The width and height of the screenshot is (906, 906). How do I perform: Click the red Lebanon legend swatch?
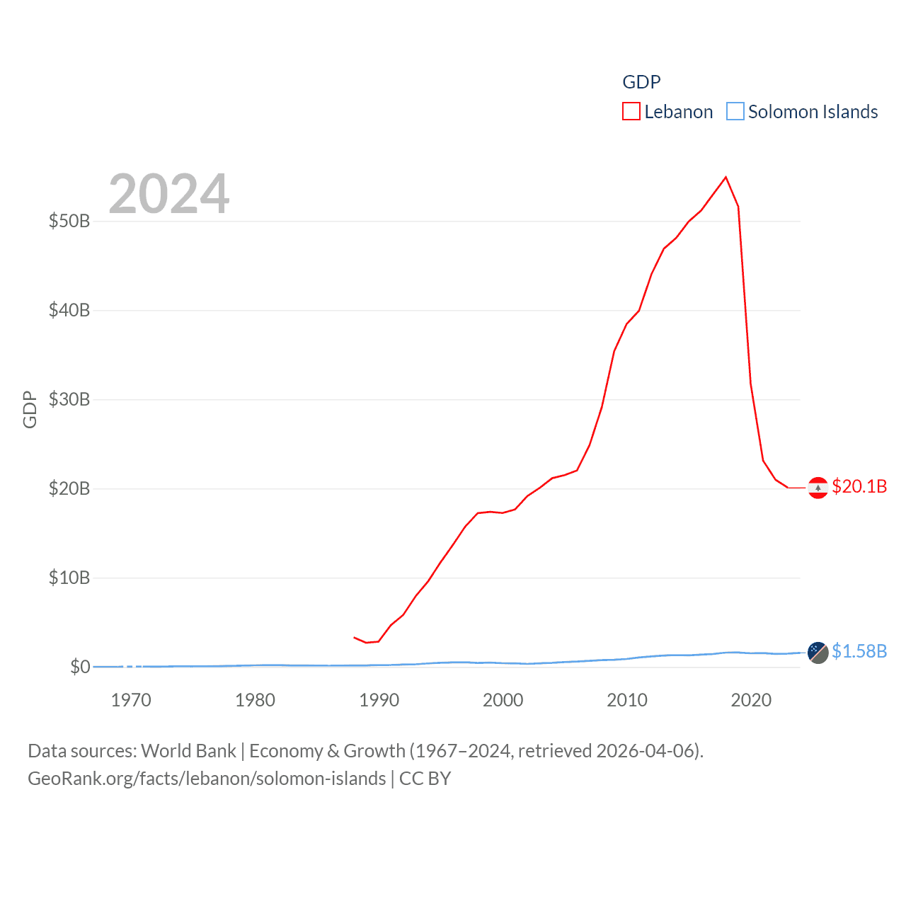coord(631,112)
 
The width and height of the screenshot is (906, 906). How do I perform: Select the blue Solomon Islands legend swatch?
coord(735,112)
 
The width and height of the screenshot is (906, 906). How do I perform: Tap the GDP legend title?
coord(641,82)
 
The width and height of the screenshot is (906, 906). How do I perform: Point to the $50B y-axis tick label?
coord(69,221)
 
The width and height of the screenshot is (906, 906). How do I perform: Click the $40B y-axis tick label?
coord(69,310)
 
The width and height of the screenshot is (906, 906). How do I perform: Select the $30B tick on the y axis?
coord(69,399)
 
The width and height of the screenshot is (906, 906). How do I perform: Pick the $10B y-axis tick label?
coord(69,578)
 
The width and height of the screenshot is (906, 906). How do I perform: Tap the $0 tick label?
coord(80,667)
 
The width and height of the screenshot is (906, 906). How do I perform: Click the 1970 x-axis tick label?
coord(131,700)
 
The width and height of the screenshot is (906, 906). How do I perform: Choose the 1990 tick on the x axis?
coord(379,700)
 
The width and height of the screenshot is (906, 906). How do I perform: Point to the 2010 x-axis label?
coord(627,700)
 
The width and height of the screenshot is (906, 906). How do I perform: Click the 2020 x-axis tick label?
coord(751,700)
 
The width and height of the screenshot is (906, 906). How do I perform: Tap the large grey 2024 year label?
coord(169,194)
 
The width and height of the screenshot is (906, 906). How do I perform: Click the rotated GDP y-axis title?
coord(30,409)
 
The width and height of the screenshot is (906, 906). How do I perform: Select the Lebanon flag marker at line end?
coord(818,488)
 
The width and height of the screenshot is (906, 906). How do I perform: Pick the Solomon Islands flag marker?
coord(818,653)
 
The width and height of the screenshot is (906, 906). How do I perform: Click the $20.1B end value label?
coord(859,486)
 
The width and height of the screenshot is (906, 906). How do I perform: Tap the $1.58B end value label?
coord(859,651)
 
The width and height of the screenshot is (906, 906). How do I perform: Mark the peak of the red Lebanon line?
coord(726,177)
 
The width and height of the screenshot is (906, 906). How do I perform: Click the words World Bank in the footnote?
coord(188,750)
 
